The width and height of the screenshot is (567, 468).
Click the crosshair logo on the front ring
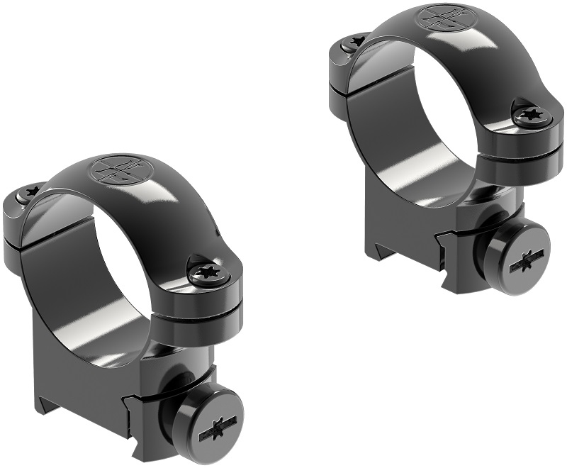113,170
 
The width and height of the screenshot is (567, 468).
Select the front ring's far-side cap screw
30,194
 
